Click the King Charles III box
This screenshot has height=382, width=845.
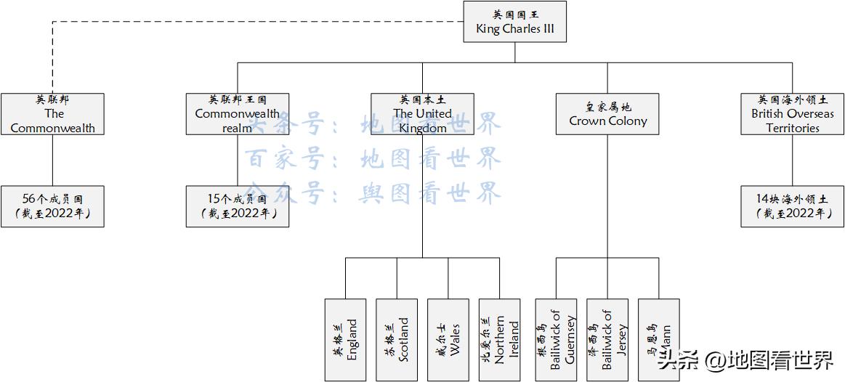[514, 22]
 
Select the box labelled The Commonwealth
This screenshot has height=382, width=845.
[52, 114]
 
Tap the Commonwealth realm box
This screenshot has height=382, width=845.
[237, 114]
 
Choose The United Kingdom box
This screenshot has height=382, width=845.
[422, 114]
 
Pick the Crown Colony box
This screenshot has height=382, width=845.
[607, 114]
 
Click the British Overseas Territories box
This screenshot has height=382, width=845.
[793, 114]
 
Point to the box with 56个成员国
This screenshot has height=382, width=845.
[52, 206]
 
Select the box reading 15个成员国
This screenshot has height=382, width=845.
[237, 206]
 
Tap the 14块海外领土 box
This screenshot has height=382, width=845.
[793, 206]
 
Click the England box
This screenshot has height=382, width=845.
[345, 340]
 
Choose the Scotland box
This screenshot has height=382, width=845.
[397, 340]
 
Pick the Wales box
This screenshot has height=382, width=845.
[448, 340]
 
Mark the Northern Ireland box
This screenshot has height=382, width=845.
[500, 340]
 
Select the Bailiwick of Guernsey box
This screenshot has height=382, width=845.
[556, 340]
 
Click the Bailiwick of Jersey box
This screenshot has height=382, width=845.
[607, 340]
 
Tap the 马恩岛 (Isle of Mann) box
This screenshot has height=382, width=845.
[659, 340]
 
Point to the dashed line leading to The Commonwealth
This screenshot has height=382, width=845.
[218, 22]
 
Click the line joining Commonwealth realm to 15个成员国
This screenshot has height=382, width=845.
[237, 160]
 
